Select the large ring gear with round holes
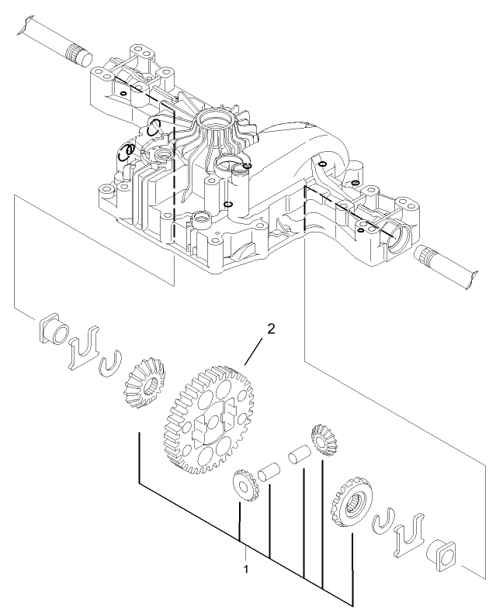pyautogui.click(x=210, y=419)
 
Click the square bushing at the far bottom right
pyautogui.click(x=444, y=556)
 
